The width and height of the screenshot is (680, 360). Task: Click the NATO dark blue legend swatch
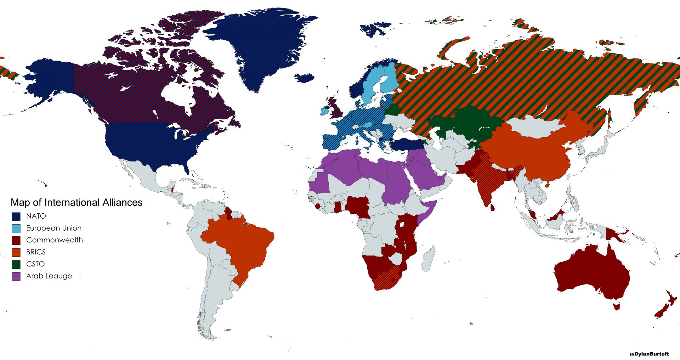tap(16, 216)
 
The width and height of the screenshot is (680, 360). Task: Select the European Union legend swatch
tap(16, 229)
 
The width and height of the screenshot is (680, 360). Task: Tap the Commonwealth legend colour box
tap(16, 241)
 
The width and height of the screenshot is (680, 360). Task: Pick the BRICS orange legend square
tap(16, 253)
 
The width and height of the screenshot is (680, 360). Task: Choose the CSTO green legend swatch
tap(16, 264)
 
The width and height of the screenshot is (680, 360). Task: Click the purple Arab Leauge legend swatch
tap(16, 276)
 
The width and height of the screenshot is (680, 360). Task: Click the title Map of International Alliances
tap(76, 202)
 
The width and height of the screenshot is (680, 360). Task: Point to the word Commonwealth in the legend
tap(54, 240)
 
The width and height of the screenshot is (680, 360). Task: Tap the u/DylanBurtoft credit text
tap(649, 354)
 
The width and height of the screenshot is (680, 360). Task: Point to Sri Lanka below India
tap(492, 207)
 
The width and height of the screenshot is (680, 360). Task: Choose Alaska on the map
tap(50, 78)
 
